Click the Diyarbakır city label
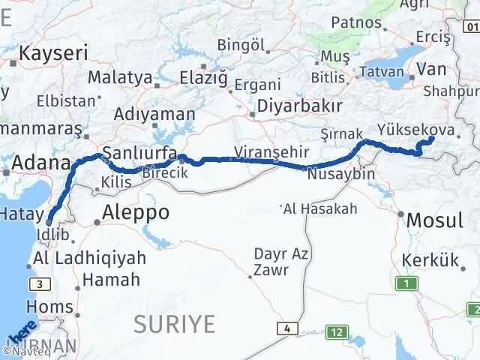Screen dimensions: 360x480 pyautogui.click(x=300, y=106)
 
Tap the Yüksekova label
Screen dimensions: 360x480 pyautogui.click(x=416, y=130)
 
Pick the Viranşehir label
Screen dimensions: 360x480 pyautogui.click(x=271, y=152)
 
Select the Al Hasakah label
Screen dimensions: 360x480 pyautogui.click(x=322, y=208)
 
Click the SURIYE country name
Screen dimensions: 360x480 pyautogui.click(x=174, y=324)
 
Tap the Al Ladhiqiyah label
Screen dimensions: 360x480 pyautogui.click(x=88, y=259)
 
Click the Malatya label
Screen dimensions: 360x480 pyautogui.click(x=120, y=77)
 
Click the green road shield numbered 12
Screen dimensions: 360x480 pyautogui.click(x=338, y=331)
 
